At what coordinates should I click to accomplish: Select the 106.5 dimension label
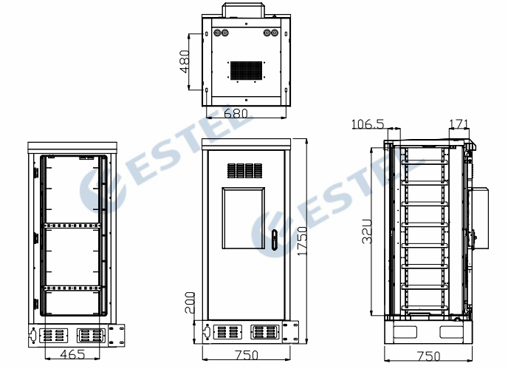pyautogui.click(x=367, y=123)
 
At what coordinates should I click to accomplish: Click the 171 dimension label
pyautogui.click(x=459, y=123)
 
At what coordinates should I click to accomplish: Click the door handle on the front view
pyautogui.click(x=274, y=240)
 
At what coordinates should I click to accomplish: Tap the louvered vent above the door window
pyautogui.click(x=243, y=171)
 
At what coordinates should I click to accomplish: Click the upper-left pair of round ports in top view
pyautogui.click(x=221, y=33)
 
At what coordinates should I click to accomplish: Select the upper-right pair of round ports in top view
pyautogui.click(x=270, y=33)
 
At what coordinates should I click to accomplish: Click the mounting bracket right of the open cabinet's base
pyautogui.click(x=117, y=334)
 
